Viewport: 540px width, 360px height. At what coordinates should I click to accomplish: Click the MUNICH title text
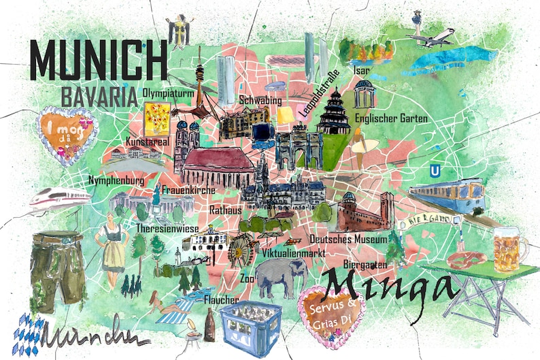[99, 60]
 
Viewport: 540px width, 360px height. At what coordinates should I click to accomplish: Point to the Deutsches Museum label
[348, 239]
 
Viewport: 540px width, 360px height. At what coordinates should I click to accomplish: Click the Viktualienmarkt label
[294, 253]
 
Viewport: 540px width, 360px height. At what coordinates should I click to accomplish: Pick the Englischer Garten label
[391, 118]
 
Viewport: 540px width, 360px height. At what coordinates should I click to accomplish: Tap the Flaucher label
[221, 299]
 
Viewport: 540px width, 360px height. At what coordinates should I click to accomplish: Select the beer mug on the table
[509, 250]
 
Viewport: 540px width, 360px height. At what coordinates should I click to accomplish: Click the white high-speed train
[58, 197]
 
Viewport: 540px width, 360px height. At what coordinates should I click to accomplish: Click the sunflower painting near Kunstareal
[157, 118]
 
